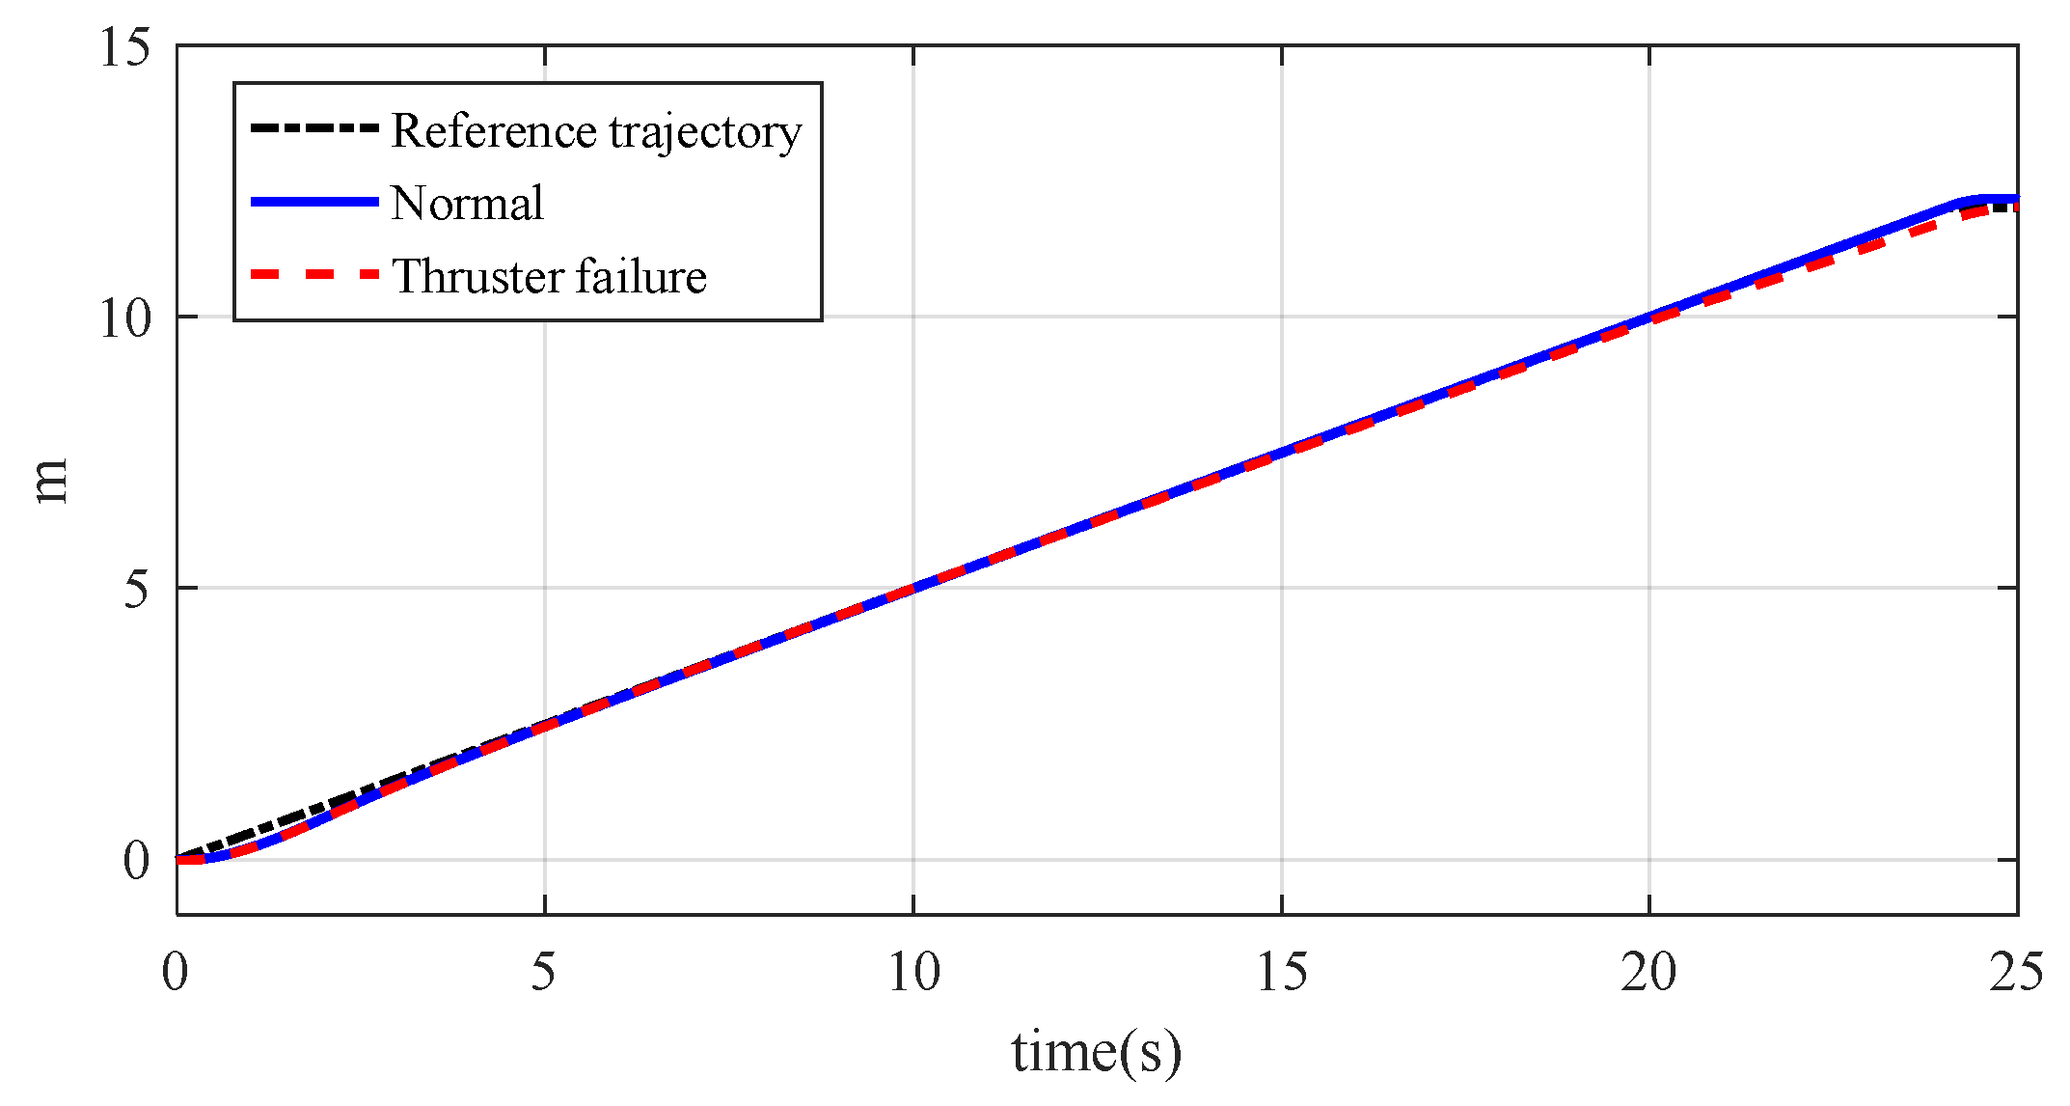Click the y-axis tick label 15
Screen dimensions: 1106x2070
click(125, 46)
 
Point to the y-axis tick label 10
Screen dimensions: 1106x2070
click(125, 318)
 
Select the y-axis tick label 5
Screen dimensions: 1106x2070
click(137, 588)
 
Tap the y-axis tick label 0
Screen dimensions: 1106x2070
click(137, 860)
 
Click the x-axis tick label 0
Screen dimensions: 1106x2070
click(176, 971)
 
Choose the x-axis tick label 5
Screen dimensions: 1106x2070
click(544, 971)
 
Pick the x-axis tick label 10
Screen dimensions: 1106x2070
click(912, 971)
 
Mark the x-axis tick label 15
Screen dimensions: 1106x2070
click(1281, 971)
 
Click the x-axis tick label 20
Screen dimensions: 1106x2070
click(1648, 971)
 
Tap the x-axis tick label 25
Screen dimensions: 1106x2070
click(2016, 971)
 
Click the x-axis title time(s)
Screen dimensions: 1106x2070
click(1096, 1052)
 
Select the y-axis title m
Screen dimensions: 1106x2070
click(50, 481)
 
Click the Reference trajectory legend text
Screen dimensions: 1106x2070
click(596, 131)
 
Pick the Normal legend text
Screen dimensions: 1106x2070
click(467, 204)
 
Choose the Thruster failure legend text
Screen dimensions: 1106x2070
click(549, 277)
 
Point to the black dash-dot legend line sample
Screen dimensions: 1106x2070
click(313, 128)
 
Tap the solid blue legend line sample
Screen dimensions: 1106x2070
click(313, 202)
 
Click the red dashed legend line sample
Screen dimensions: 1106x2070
click(313, 275)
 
